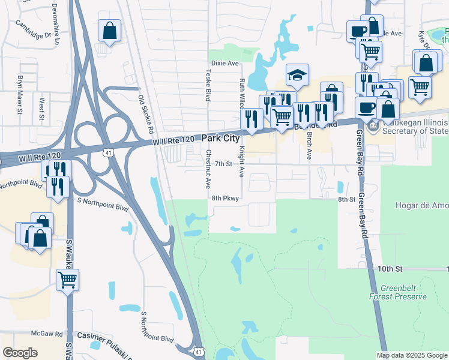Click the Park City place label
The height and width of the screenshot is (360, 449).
(x=220, y=139)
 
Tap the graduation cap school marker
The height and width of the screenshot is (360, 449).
(x=297, y=76)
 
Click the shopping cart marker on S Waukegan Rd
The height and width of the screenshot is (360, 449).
(x=67, y=280)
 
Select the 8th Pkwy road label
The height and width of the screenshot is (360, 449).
(x=225, y=197)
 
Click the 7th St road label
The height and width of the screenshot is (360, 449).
(x=223, y=164)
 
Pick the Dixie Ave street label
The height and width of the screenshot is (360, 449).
(x=225, y=63)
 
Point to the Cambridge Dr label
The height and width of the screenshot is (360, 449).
(x=34, y=31)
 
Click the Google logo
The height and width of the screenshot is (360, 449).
(x=20, y=353)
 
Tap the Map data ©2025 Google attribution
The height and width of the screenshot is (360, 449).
(x=411, y=355)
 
